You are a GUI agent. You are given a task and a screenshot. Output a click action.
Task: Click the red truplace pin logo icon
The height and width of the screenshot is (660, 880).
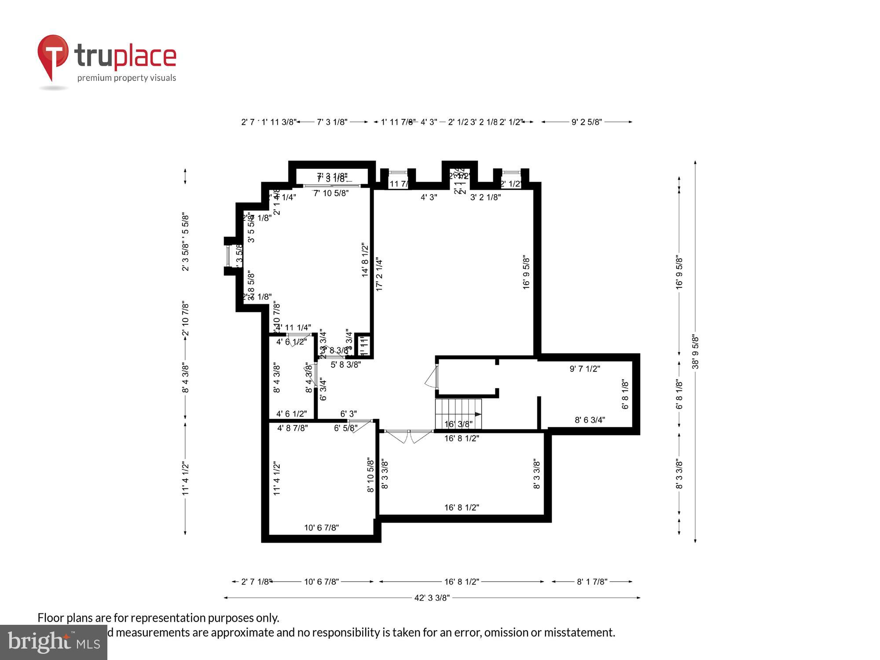[x=53, y=55]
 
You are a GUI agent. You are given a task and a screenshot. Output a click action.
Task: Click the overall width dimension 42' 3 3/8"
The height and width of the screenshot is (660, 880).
[x=432, y=598]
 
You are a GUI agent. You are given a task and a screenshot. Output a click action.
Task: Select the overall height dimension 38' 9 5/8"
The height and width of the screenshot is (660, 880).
[x=695, y=352]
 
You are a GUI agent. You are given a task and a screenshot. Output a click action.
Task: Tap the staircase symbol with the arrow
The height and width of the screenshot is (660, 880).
[x=458, y=414]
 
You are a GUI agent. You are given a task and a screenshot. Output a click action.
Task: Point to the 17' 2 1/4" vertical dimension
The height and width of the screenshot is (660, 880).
[x=379, y=275]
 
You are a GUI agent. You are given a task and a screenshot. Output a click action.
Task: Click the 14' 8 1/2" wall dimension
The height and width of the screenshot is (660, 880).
[x=365, y=260]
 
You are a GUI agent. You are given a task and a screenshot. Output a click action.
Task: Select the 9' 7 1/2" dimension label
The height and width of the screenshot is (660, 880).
[x=584, y=369]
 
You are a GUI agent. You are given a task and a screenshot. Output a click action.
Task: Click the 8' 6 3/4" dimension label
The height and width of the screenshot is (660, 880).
[x=590, y=420]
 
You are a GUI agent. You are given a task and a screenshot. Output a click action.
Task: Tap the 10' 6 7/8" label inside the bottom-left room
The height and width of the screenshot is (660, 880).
[x=321, y=528]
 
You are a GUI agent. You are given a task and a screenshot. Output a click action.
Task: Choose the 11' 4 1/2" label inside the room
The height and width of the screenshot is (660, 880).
[x=277, y=478]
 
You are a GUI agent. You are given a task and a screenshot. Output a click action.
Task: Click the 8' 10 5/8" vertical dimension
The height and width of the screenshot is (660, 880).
[x=370, y=475]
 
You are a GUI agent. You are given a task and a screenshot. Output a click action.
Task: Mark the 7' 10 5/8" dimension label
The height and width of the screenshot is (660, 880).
[x=331, y=193]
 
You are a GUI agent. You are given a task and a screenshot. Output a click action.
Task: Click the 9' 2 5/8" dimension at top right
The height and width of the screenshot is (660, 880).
[x=586, y=122]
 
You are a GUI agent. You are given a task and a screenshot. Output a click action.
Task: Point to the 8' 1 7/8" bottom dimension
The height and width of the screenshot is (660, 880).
[x=592, y=582]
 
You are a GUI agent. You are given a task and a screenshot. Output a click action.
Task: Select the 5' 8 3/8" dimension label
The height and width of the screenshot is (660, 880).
[x=345, y=364]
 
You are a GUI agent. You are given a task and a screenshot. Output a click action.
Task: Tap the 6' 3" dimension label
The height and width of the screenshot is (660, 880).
[x=348, y=414]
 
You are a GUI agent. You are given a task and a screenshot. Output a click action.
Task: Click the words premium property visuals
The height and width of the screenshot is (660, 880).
[x=127, y=78]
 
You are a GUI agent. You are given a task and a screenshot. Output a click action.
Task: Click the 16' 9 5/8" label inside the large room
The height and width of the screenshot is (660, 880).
[x=526, y=272]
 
